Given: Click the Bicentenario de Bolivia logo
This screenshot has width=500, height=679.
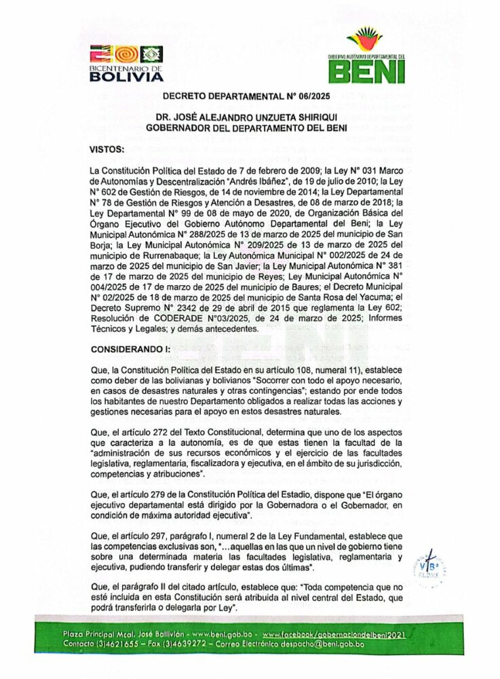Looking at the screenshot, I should click(126, 62).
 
